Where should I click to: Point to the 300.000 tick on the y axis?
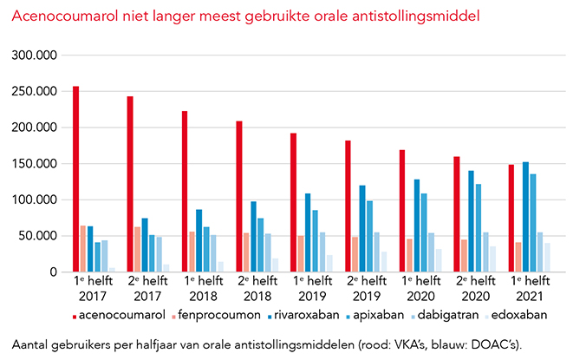36,55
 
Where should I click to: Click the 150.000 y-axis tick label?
36,163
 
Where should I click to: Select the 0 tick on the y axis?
53,272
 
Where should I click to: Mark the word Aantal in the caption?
32,341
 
